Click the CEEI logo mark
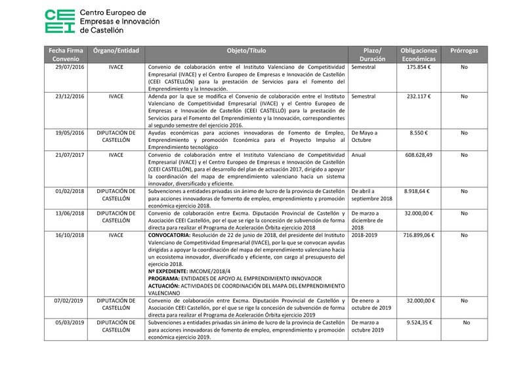59,22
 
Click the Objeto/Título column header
246,51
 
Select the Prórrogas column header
464,51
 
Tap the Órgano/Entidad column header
115,51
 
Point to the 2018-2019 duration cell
366,234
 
